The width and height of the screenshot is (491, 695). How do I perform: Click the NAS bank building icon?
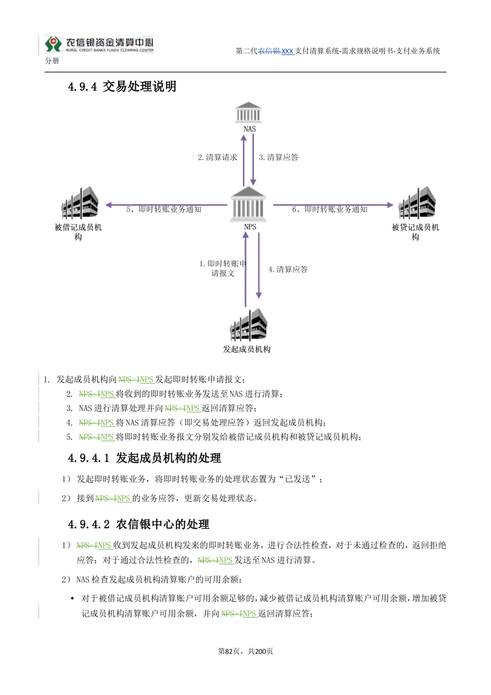pyautogui.click(x=248, y=112)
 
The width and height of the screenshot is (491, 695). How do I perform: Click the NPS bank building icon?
pyautogui.click(x=248, y=204)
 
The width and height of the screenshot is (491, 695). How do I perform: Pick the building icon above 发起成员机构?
pyautogui.click(x=248, y=324)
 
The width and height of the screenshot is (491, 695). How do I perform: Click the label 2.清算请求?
pyautogui.click(x=218, y=157)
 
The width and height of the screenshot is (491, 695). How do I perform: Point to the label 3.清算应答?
pyautogui.click(x=278, y=157)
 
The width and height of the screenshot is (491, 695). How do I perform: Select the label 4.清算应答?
pyautogui.click(x=288, y=269)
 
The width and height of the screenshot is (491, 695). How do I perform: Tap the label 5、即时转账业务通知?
pyautogui.click(x=164, y=209)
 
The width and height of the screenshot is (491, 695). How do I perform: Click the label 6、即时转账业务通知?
pyautogui.click(x=330, y=209)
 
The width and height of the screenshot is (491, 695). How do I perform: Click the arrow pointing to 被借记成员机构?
pyautogui.click(x=166, y=205)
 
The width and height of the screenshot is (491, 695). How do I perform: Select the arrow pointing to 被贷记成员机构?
pyautogui.click(x=333, y=205)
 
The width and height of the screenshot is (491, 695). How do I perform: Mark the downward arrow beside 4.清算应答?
pyautogui.click(x=259, y=266)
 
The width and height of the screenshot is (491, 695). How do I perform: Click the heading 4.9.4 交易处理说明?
pyautogui.click(x=122, y=86)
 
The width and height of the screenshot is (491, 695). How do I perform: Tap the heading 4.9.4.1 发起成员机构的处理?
pyautogui.click(x=144, y=458)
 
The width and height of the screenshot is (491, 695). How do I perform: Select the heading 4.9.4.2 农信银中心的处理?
pyautogui.click(x=138, y=525)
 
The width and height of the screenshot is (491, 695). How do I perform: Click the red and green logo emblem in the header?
pyautogui.click(x=54, y=44)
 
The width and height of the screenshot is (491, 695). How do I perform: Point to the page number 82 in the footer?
pyautogui.click(x=229, y=651)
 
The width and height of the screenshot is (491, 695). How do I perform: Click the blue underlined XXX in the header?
pyautogui.click(x=287, y=51)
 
